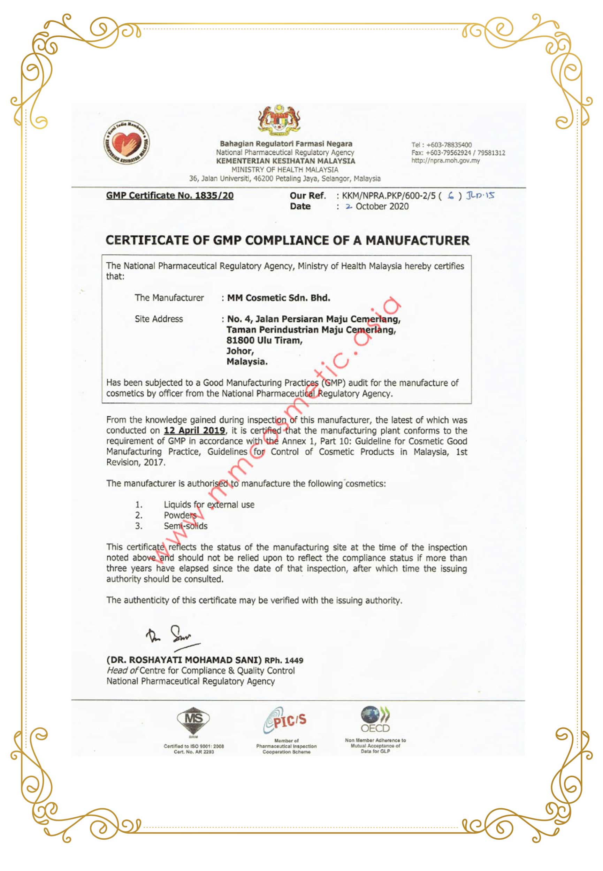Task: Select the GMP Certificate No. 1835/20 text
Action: (170, 195)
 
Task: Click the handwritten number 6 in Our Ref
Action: (450, 195)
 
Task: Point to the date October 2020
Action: (382, 206)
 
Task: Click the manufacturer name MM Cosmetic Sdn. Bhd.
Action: (278, 298)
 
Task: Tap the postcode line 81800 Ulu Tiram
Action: (265, 340)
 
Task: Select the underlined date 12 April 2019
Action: (194, 430)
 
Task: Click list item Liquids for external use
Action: (209, 505)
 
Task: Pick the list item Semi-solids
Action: (185, 526)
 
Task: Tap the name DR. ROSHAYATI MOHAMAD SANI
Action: (184, 660)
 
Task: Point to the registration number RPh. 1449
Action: (284, 660)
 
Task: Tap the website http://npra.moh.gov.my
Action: (445, 161)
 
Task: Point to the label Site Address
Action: (159, 319)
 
